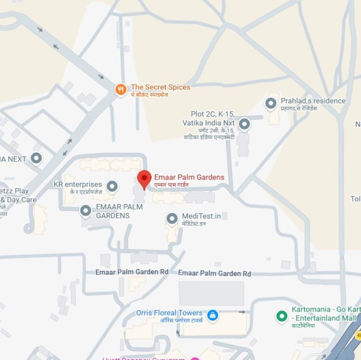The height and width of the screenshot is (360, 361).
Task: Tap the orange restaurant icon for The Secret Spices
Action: click(120, 90)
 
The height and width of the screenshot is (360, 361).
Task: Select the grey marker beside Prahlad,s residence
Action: click(271, 103)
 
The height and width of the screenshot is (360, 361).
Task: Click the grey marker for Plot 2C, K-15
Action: click(244, 124)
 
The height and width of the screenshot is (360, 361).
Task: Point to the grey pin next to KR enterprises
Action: click(112, 185)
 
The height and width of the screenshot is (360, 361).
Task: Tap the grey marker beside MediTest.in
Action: click(172, 219)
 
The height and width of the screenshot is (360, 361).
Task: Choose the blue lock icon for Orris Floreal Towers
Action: click(213, 315)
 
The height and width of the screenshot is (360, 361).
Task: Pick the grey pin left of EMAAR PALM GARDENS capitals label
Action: click(85, 210)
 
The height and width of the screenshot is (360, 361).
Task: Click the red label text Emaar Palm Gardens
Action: click(189, 177)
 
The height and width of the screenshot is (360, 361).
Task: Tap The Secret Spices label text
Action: click(160, 87)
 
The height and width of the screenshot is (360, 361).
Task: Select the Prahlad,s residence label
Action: click(313, 101)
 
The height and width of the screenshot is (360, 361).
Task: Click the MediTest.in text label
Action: click(201, 216)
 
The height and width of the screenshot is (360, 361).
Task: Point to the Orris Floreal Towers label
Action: click(169, 313)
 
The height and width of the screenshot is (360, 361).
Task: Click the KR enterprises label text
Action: click(78, 184)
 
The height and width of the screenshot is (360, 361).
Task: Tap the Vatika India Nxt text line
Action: click(209, 122)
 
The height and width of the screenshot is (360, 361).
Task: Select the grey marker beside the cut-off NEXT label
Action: click(36, 158)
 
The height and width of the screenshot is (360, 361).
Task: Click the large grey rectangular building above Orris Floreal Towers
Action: click(211, 293)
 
